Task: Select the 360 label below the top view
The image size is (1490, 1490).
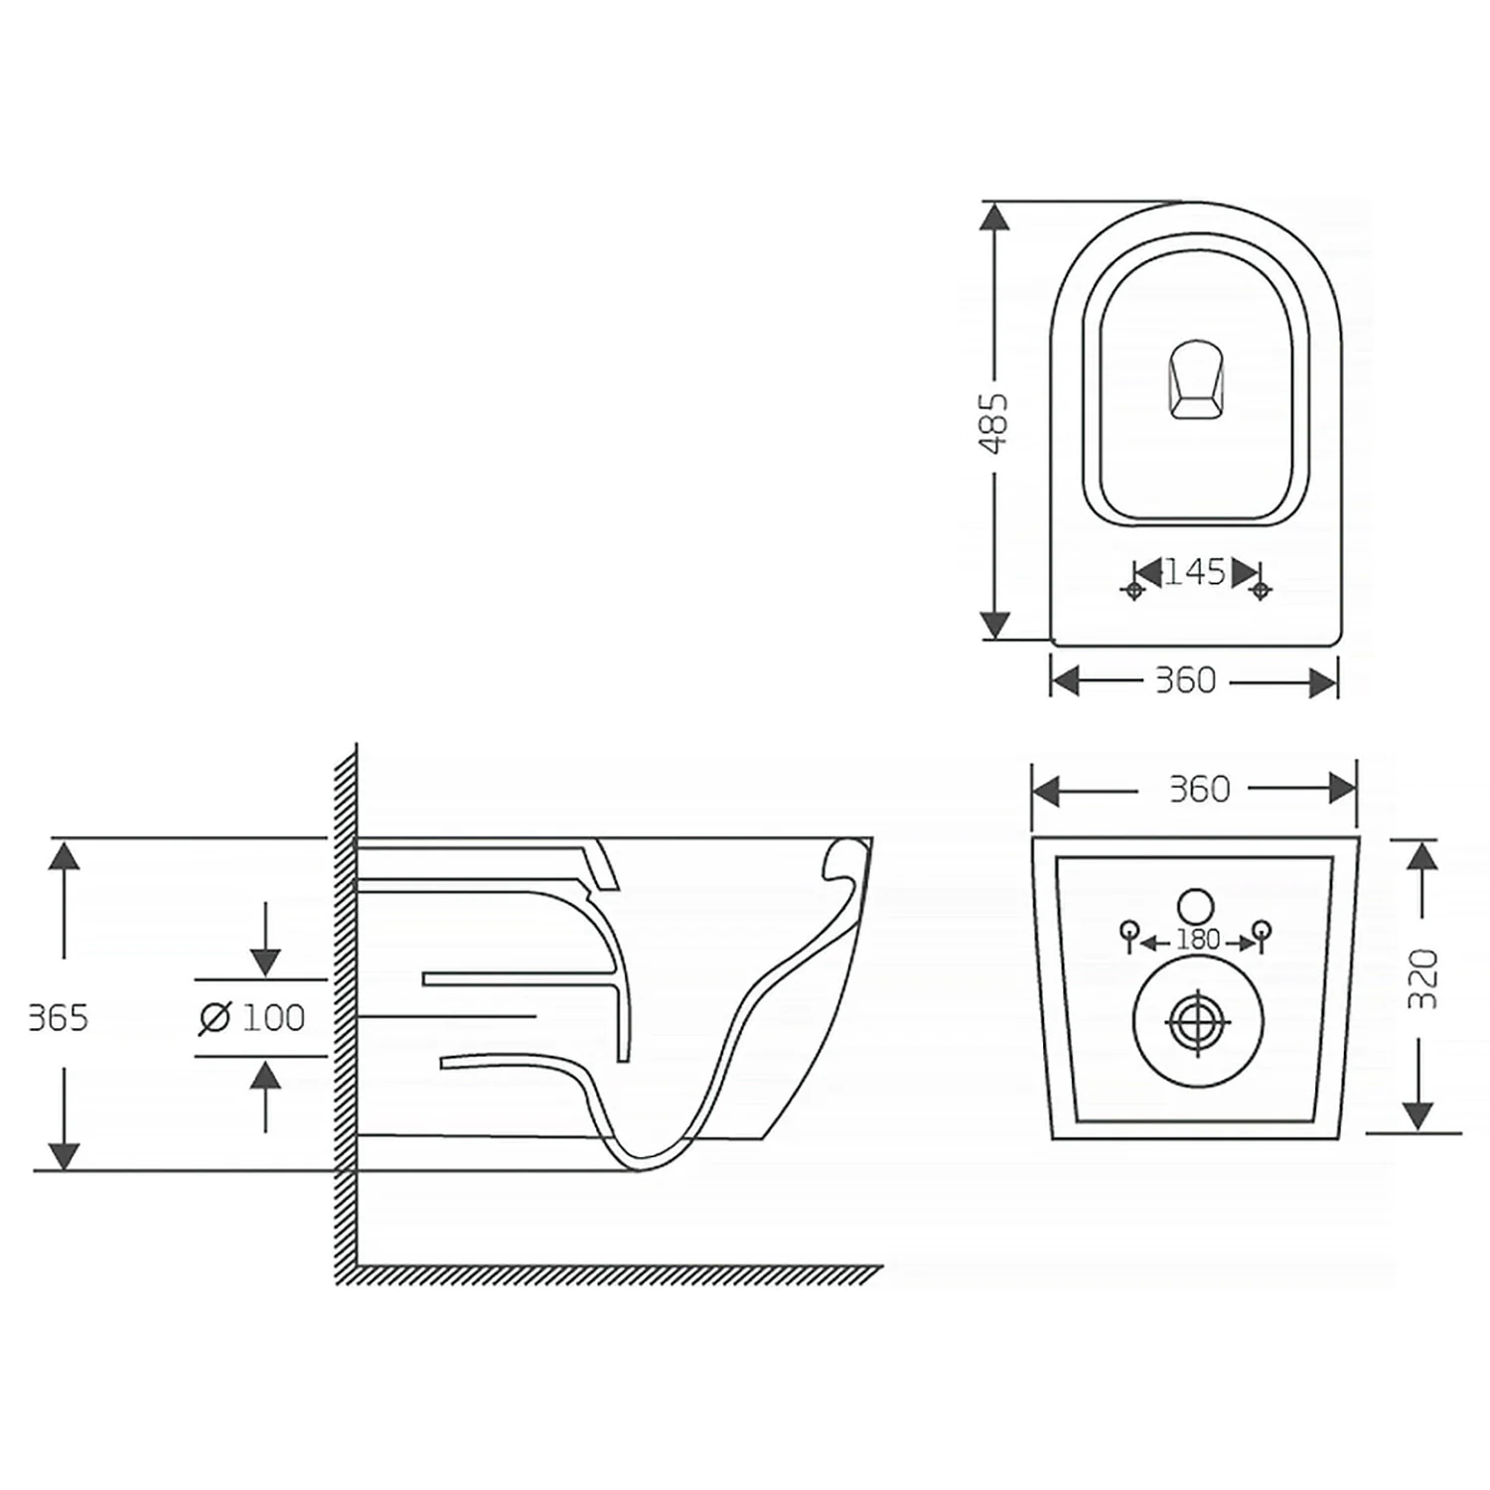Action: coord(1185,680)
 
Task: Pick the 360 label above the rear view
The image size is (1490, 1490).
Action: coord(1199,789)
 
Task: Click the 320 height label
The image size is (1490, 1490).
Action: coord(1423,979)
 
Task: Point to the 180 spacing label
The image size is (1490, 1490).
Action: coord(1197,940)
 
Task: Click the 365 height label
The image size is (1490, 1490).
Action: coord(59,1018)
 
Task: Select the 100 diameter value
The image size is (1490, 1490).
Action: coord(273,1017)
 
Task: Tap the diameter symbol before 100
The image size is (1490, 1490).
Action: coord(215,1018)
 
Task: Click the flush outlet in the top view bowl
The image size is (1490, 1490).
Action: coord(1195,379)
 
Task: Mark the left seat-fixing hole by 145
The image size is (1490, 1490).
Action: coord(1133,590)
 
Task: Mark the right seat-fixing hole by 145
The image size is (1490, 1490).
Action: coord(1261,590)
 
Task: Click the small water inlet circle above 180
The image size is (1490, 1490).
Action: coord(1196,905)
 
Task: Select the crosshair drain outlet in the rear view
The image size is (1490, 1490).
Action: coord(1198,1021)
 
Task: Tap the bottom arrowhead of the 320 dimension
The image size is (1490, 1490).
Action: coord(1421,1117)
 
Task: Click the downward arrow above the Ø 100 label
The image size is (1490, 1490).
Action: coord(264,939)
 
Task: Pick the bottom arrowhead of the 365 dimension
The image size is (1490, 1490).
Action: coord(64,1155)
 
